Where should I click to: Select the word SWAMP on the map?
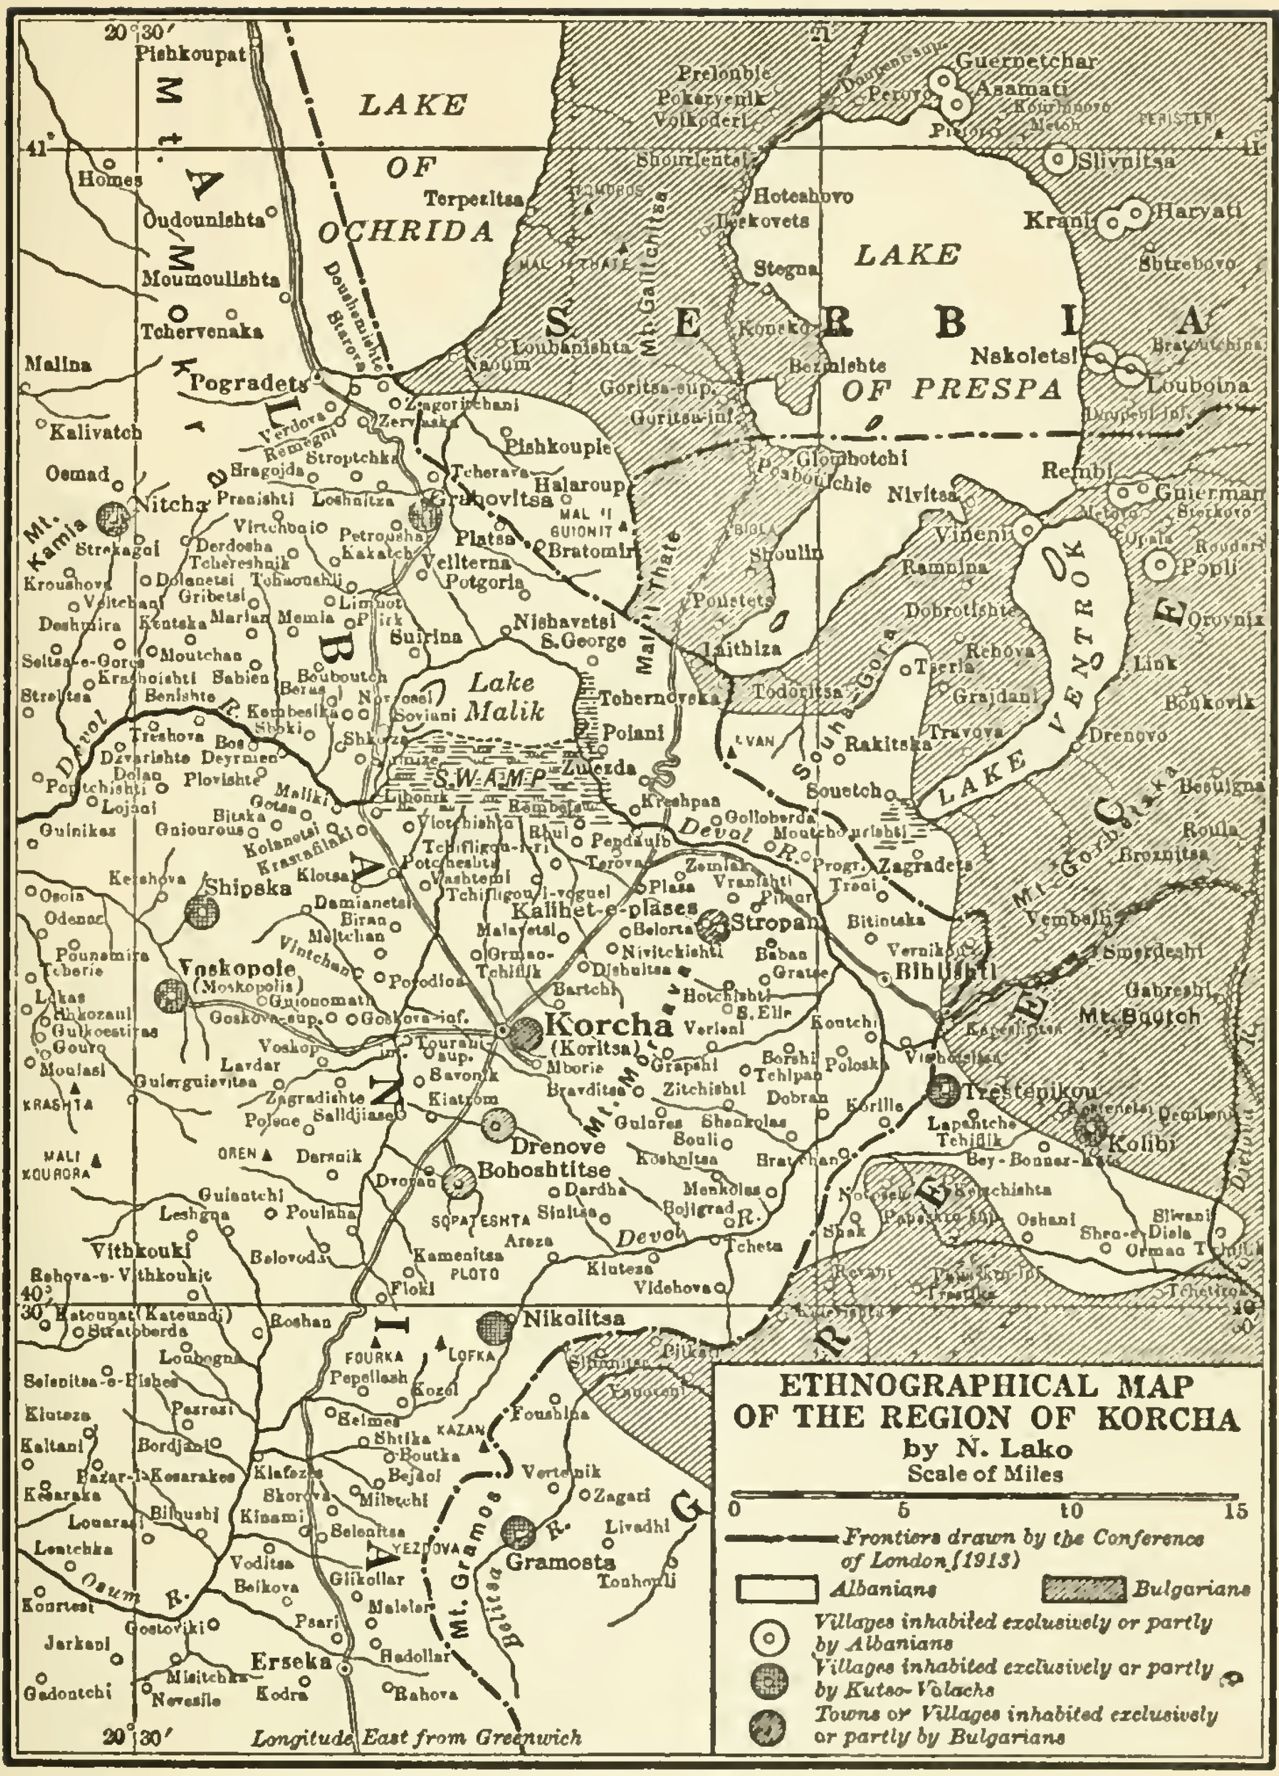tap(490, 778)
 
